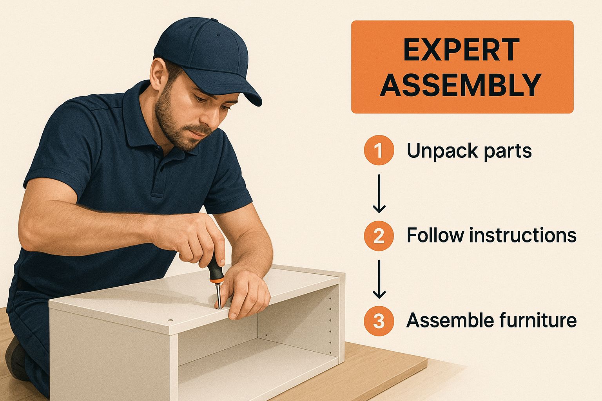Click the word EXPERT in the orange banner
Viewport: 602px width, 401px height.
pyautogui.click(x=461, y=50)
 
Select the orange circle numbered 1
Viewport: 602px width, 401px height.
pyautogui.click(x=379, y=150)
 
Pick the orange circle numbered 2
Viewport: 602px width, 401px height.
pyautogui.click(x=379, y=236)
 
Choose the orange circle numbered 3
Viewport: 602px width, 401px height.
pyautogui.click(x=379, y=321)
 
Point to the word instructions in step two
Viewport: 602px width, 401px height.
pyautogui.click(x=523, y=235)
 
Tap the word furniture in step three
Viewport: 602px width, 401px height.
pyautogui.click(x=538, y=320)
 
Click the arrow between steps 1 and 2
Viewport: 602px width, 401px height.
pyautogui.click(x=379, y=193)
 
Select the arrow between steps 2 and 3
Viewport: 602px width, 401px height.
pyautogui.click(x=379, y=279)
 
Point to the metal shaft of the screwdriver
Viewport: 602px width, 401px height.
pyautogui.click(x=218, y=295)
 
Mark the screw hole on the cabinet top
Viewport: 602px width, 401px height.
pyautogui.click(x=170, y=320)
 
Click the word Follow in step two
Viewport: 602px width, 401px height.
pyautogui.click(x=435, y=235)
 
